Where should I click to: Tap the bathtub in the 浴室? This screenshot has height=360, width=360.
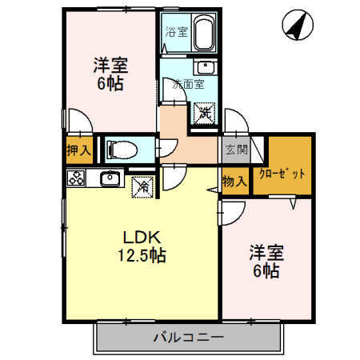click(x=199, y=34)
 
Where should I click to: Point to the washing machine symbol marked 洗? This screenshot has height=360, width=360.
click(x=205, y=114)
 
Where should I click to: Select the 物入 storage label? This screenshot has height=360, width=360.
click(x=235, y=182)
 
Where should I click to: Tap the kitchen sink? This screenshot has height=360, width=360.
click(x=110, y=179)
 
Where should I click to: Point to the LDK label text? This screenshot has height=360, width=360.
click(x=142, y=238)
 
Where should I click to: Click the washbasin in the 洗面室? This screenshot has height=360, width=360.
click(x=206, y=66)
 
